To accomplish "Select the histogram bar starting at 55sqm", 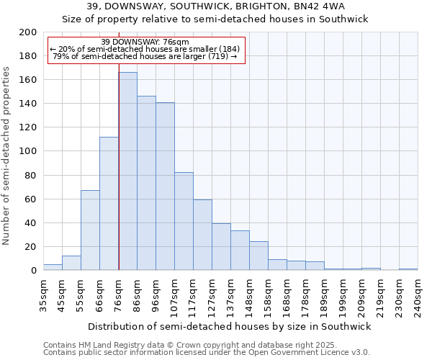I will coord(90,230).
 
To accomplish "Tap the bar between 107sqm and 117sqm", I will coord(184,221).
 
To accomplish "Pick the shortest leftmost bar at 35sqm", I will coord(53,267).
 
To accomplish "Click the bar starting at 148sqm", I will coord(258,256).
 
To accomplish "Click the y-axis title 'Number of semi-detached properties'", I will coord(7,156).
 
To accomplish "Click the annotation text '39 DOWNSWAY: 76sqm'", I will coord(145,42).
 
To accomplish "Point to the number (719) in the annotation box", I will coord(217,56).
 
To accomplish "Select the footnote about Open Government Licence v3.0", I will coord(207,353).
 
